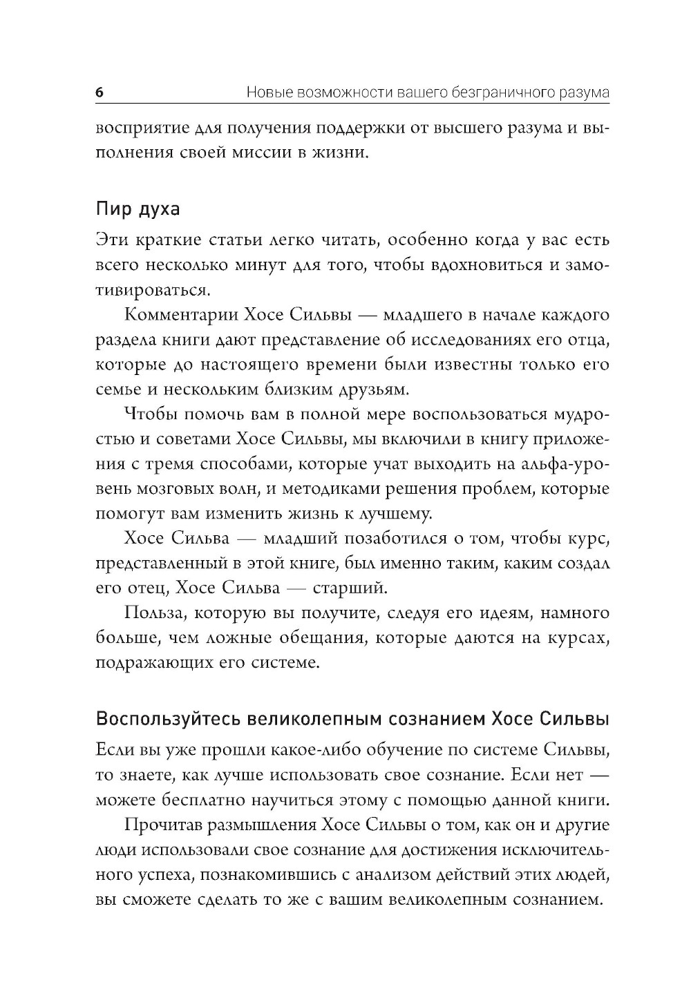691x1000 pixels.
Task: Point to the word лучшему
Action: tap(392, 514)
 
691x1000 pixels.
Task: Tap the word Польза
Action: tap(153, 613)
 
